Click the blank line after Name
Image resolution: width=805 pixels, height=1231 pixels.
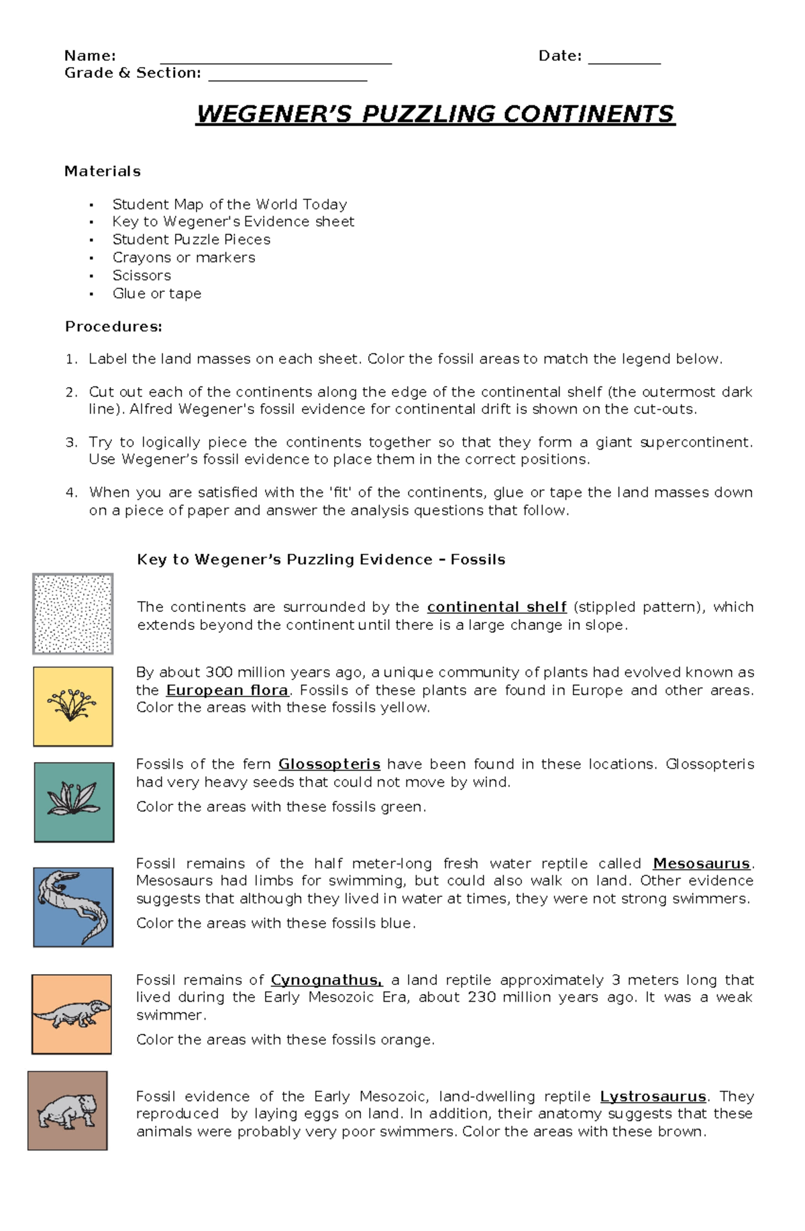pyautogui.click(x=275, y=62)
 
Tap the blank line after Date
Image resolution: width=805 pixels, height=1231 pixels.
pyautogui.click(x=624, y=62)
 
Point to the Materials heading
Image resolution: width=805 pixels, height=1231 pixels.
pyautogui.click(x=102, y=171)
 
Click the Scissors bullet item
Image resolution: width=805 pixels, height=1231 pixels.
pyautogui.click(x=142, y=276)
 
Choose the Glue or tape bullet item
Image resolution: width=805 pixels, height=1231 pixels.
pyautogui.click(x=157, y=294)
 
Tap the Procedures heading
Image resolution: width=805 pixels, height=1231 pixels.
pyautogui.click(x=113, y=327)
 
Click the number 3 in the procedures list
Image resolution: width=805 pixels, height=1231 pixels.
pyautogui.click(x=70, y=443)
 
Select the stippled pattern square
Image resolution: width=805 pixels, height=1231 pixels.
pyautogui.click(x=72, y=613)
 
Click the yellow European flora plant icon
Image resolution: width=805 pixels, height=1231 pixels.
pyautogui.click(x=72, y=706)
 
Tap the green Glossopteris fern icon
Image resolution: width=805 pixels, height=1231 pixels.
pyautogui.click(x=74, y=802)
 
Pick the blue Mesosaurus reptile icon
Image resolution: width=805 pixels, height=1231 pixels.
pyautogui.click(x=73, y=907)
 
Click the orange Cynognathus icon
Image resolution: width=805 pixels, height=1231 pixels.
pyautogui.click(x=72, y=1014)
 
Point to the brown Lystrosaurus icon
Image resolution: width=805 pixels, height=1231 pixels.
pyautogui.click(x=67, y=1111)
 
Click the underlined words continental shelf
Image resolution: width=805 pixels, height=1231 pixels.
pyautogui.click(x=496, y=607)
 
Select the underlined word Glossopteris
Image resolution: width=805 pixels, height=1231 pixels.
pyautogui.click(x=329, y=764)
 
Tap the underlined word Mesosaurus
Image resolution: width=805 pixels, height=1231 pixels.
pyautogui.click(x=701, y=863)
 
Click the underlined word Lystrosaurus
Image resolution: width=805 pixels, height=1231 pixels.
pyautogui.click(x=653, y=1096)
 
